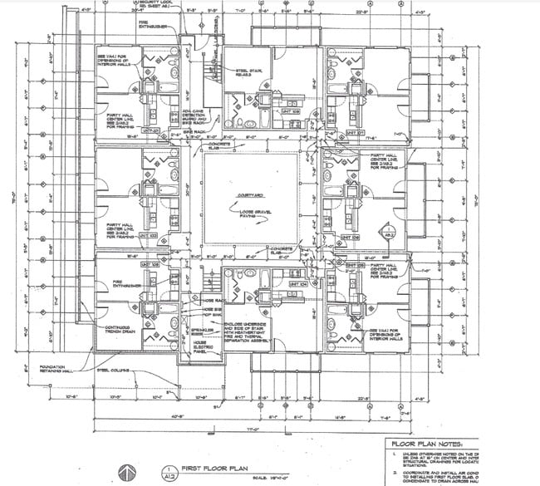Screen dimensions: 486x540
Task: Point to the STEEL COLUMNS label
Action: (x=115, y=370)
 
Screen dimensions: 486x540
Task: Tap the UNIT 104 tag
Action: (x=296, y=283)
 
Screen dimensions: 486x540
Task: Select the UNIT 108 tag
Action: (x=290, y=111)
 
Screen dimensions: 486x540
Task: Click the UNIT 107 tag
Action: (x=356, y=132)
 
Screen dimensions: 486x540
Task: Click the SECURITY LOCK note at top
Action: (x=145, y=6)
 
